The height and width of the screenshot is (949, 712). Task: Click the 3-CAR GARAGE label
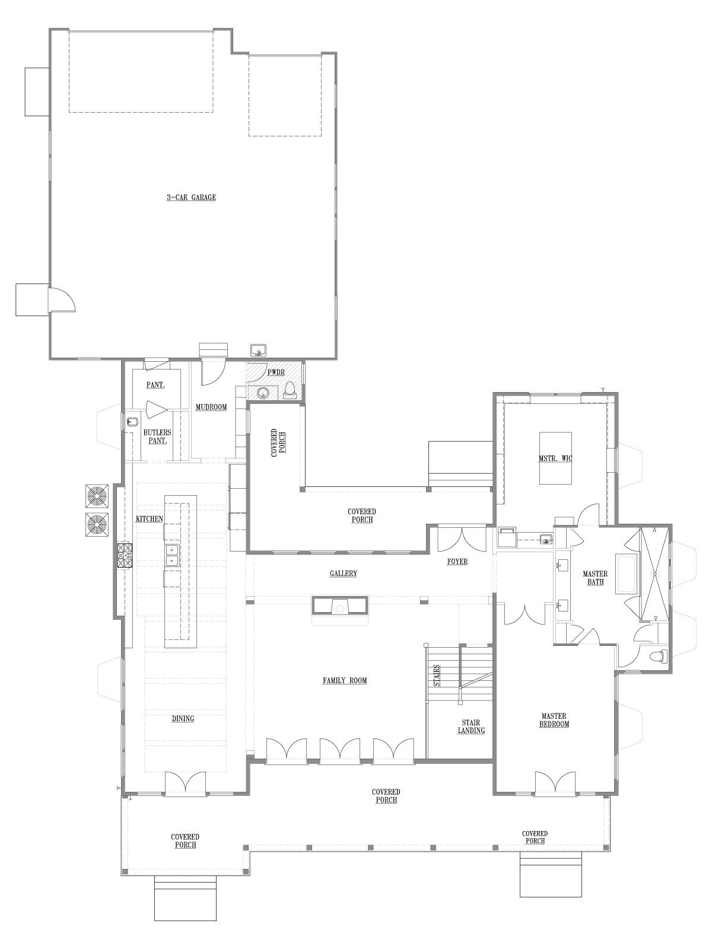[191, 198]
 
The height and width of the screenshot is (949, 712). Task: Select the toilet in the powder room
[290, 390]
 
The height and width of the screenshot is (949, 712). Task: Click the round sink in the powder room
[263, 393]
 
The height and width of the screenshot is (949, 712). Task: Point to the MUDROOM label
[211, 407]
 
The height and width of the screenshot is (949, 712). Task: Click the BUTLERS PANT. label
[157, 437]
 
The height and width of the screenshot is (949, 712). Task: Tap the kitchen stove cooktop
[124, 556]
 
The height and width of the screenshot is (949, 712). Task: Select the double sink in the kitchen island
[173, 555]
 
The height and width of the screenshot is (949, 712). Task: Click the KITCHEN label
[150, 519]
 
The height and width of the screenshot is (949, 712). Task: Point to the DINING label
[183, 719]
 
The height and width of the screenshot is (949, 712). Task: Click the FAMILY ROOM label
[345, 680]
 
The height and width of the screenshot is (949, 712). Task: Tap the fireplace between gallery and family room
[341, 604]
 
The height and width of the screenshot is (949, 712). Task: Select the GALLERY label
[344, 574]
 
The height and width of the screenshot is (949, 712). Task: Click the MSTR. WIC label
[555, 458]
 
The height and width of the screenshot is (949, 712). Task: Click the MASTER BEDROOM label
[554, 720]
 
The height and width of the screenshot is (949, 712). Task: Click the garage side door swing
[63, 300]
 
